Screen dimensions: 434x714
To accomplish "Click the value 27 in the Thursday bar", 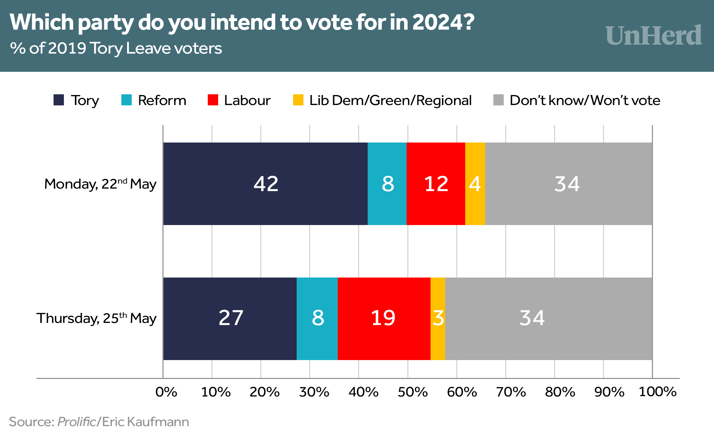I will tap(231, 318).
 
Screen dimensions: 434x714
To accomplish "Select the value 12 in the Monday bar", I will tap(436, 184).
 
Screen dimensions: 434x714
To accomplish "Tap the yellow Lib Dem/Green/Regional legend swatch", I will tap(298, 100).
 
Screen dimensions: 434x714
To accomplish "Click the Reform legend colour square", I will tap(126, 100).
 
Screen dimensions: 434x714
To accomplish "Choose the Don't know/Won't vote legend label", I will tap(585, 100).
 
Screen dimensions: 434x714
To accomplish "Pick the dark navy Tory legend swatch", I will tap(59, 100).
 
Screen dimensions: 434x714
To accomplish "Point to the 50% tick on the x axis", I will tap(412, 392).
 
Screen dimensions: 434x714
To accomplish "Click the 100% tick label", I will tap(657, 392).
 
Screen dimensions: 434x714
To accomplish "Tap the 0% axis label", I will tap(166, 392).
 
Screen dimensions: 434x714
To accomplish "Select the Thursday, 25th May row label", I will tap(96, 318).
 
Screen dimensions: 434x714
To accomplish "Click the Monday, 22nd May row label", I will tap(100, 184).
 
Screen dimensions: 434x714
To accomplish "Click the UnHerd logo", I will tap(653, 36).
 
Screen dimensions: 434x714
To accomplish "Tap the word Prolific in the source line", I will tap(76, 422).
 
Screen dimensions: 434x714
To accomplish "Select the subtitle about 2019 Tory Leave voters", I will tap(116, 48).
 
